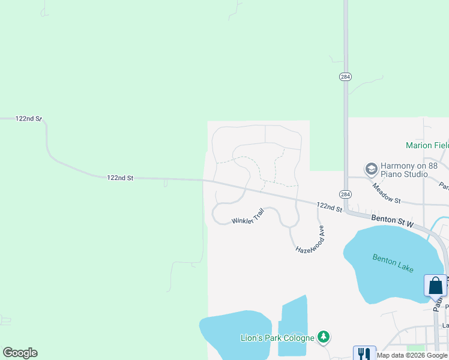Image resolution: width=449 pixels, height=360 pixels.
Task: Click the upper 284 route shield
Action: pos(345,77)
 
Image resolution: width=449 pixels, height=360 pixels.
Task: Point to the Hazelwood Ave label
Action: pos(310,239)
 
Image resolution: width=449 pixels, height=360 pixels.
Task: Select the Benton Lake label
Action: pos(393,263)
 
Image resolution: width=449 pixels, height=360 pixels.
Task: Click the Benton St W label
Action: pos(393,220)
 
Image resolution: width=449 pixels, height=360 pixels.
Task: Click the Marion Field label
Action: pos(427,145)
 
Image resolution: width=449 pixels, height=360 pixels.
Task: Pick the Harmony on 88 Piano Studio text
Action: pos(403,170)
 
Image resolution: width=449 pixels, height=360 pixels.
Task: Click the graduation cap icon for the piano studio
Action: pos(370,169)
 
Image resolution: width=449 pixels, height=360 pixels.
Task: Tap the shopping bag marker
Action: pos(435,286)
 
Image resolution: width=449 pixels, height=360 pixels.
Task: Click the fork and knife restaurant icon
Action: pos(364,354)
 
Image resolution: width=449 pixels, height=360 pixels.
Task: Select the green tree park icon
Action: pos(324,337)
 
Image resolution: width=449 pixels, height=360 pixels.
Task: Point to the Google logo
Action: pos(20,353)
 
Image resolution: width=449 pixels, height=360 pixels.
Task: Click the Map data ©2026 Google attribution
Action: pos(412,355)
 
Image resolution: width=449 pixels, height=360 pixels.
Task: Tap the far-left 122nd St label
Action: pos(28,119)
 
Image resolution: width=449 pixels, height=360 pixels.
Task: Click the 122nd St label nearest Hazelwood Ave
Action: pos(329,207)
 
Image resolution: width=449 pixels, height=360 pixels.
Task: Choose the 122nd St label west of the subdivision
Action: pos(119,178)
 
